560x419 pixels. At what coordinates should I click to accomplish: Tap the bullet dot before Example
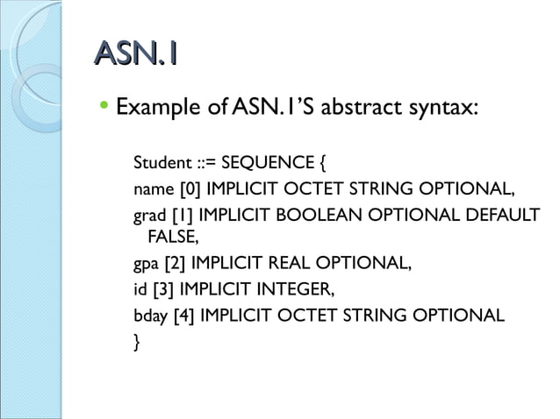[x=104, y=109]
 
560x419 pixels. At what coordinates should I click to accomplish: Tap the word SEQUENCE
[x=265, y=163]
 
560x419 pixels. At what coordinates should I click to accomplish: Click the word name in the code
[x=152, y=188]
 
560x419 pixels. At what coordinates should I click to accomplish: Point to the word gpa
[x=145, y=262]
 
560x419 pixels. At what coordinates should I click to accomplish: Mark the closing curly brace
[x=136, y=340]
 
